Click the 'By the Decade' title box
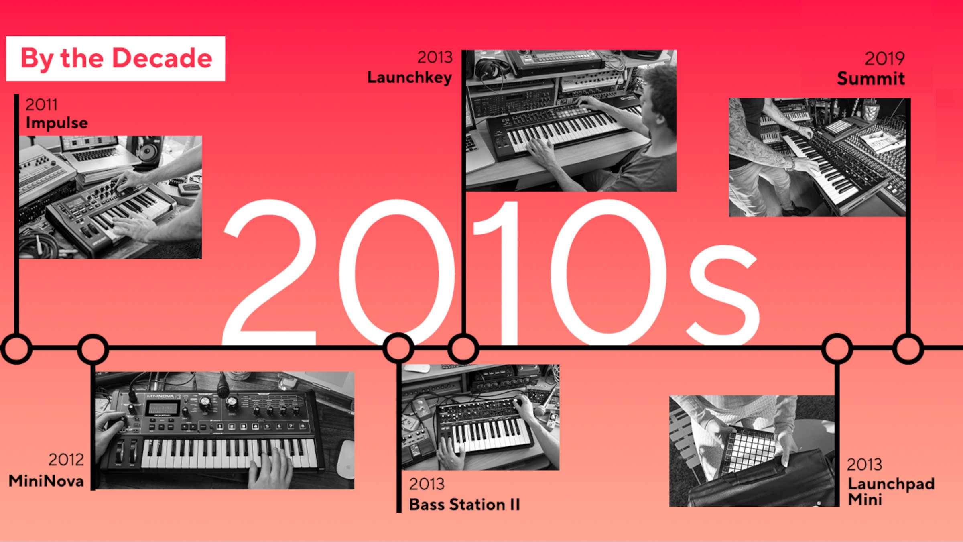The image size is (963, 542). pos(116,59)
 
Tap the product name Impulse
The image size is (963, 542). pos(57,123)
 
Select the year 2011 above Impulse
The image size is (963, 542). pos(41,105)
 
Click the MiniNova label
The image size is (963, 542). pos(46,481)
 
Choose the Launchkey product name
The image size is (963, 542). pos(410,77)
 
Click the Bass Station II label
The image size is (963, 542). pos(464,504)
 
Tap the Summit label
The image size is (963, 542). pos(871,78)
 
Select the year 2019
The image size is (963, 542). pos(884,59)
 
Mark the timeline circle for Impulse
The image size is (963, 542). pos(16,348)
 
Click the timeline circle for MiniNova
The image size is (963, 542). pos(93,348)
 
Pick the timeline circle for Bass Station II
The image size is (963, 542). pos(398,348)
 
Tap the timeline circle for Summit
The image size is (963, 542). pos(908,348)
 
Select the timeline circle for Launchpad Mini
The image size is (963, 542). pos(837,348)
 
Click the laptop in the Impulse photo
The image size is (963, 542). pos(96,151)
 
